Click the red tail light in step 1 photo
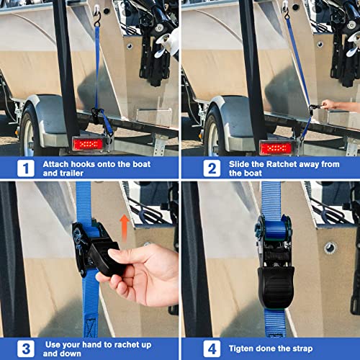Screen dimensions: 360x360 [x=87, y=144]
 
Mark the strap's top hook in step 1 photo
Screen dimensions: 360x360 [x=96, y=12]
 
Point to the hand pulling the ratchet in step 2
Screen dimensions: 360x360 [x=336, y=106]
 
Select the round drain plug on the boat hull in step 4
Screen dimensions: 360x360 [x=330, y=248]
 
